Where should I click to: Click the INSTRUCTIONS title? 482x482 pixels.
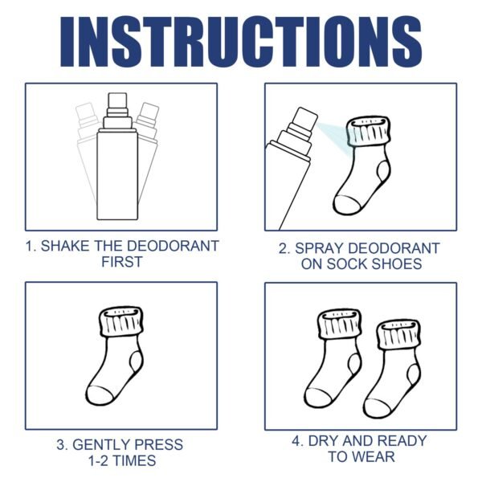[241, 40]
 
